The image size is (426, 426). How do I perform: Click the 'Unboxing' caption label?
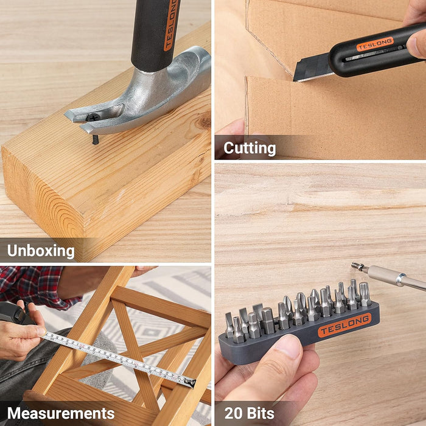tap(41, 251)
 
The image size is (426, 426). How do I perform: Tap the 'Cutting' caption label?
tap(250, 148)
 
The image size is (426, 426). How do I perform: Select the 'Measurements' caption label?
tap(61, 414)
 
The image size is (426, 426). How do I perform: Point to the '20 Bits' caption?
tap(250, 414)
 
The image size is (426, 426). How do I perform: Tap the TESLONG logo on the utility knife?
tap(375, 44)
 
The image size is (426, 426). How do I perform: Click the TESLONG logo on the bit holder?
tap(344, 325)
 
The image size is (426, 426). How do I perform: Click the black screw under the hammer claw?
tap(95, 139)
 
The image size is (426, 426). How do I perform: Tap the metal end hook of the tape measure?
tap(190, 382)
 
